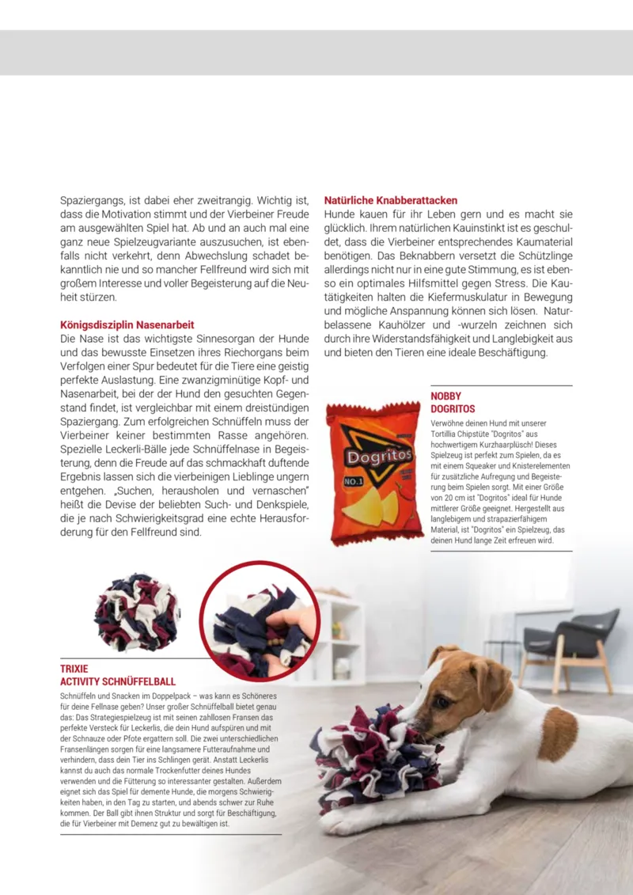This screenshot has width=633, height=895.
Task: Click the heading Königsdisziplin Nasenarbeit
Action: pos(127,324)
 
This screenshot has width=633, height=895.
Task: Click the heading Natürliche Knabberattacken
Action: pos(391,201)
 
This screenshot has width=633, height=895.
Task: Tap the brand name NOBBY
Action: pos(446,396)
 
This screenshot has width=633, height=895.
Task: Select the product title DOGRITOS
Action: pos(453,409)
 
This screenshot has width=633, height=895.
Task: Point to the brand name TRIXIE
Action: pos(74,669)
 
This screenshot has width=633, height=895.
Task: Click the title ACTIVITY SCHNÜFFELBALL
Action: pos(118,681)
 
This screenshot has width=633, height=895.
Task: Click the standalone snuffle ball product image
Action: pos(137,612)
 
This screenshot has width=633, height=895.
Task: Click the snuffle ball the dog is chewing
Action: pos(371,758)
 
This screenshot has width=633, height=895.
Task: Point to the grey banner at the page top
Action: pos(316,52)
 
